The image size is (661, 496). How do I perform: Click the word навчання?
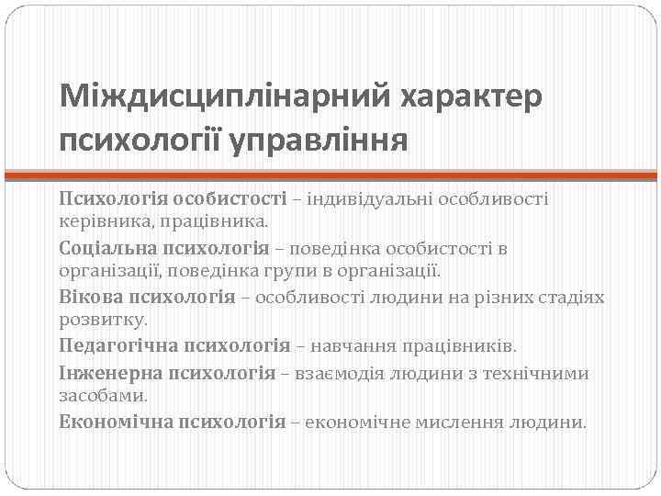[354, 346]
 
